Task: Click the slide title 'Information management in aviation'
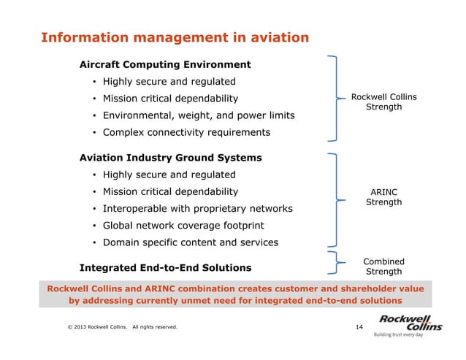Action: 175,37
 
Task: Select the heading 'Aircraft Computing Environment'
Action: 164,64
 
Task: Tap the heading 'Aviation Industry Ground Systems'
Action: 170,157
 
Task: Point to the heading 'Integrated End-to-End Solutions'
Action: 165,267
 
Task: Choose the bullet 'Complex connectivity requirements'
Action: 186,132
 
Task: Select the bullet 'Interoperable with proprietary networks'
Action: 197,209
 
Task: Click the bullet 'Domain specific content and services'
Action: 191,242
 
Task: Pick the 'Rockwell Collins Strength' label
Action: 383,102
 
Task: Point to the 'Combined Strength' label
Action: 383,267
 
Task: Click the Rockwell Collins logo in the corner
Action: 410,323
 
